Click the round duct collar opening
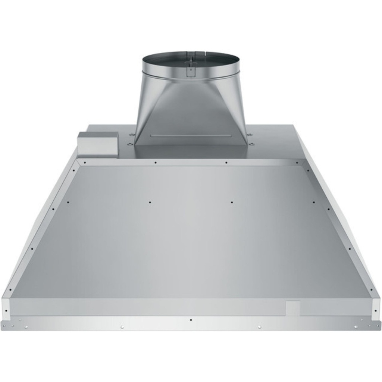tap(190, 62)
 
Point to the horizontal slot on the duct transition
tap(190, 135)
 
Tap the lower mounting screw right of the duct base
tap(251, 144)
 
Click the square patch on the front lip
tap(293, 308)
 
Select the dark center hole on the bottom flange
tap(191, 320)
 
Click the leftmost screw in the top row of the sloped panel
tap(85, 163)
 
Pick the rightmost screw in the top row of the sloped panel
tap(297, 163)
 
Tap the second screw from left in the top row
tap(156, 163)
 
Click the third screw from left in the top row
tap(226, 163)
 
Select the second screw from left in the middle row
tap(150, 202)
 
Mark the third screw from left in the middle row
tap(232, 202)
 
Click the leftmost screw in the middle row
tap(68, 202)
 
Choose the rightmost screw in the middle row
tap(313, 202)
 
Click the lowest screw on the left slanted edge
tap(10, 289)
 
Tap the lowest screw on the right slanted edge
tap(371, 289)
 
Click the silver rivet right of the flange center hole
tap(259, 327)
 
